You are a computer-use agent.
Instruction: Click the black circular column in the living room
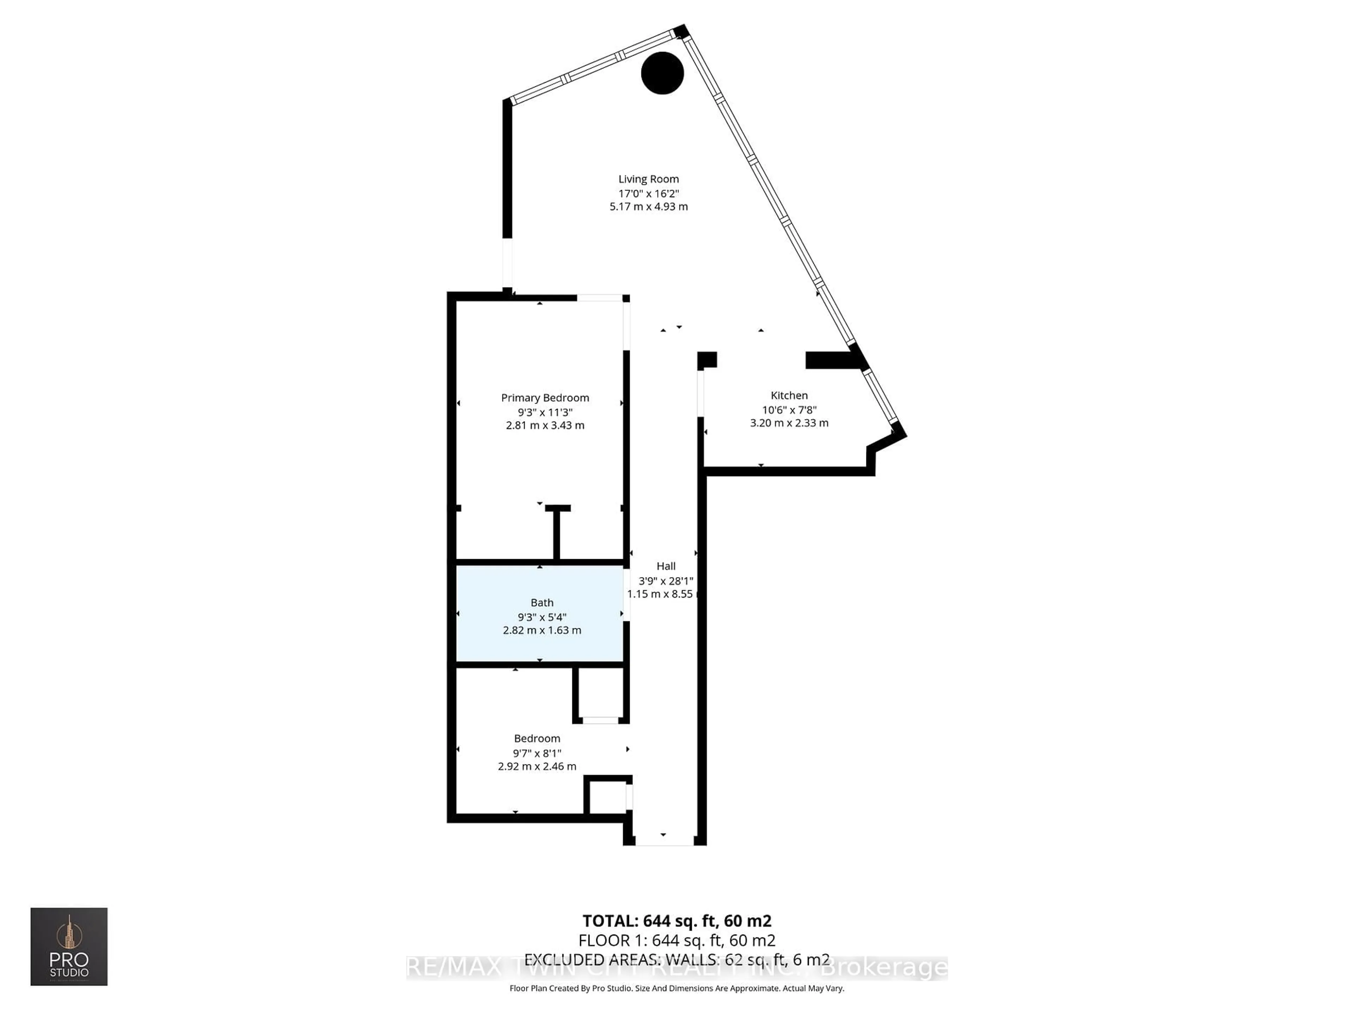coord(662,73)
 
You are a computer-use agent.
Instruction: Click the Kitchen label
coord(789,395)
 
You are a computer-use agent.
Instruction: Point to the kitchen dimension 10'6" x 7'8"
coord(789,410)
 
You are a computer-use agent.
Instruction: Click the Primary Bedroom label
coord(545,398)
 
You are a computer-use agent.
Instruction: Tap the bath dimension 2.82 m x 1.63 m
coord(542,630)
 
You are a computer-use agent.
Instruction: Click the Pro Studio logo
coord(69,946)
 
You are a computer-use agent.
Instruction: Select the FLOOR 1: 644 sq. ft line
coord(676,941)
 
